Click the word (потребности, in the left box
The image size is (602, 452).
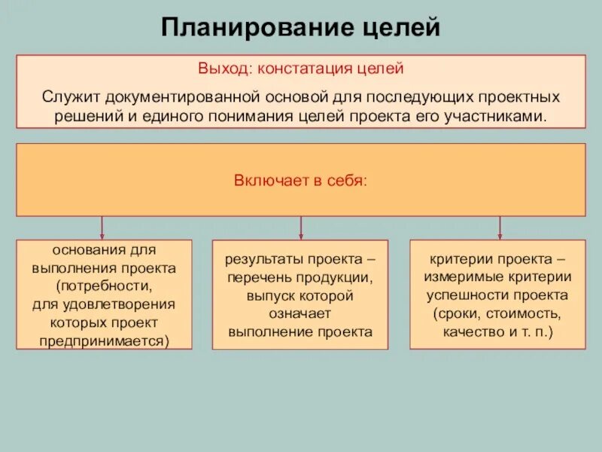tap(104, 286)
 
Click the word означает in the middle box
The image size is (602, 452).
tap(300, 313)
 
